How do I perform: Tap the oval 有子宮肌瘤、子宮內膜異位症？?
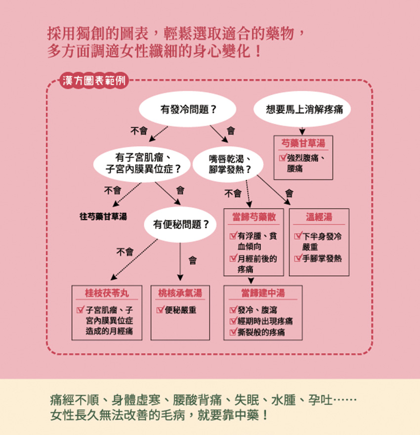pos(142,164)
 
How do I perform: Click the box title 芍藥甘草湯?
pos(303,143)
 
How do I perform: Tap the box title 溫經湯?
pos(319,217)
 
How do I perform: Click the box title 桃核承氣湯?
pos(180,293)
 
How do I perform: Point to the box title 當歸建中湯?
pos(263,293)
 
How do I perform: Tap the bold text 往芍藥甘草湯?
pos(103,217)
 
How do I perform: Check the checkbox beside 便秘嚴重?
pos(160,310)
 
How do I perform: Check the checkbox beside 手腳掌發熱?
pos(298,258)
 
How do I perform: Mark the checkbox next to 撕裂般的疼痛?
pos(233,332)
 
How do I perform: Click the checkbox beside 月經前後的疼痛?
pos(233,259)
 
